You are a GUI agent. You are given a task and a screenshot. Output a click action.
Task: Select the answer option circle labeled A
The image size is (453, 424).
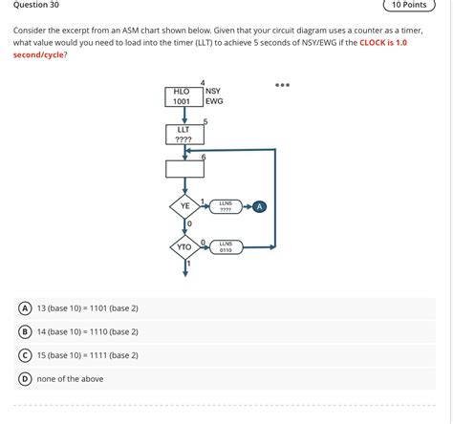[24, 308]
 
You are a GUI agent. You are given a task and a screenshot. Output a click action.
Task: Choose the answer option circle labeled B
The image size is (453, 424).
[24, 331]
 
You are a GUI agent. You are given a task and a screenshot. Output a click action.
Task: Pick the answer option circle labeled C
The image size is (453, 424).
[24, 355]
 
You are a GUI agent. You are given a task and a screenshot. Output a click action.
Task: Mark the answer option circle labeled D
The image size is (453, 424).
[24, 379]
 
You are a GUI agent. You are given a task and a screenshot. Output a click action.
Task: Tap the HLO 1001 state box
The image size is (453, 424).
[183, 95]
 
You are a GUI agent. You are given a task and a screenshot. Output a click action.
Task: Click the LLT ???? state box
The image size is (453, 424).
[184, 134]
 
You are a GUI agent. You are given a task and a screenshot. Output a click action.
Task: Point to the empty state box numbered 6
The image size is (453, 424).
[184, 169]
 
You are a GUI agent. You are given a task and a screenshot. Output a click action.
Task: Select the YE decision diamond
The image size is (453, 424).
[184, 205]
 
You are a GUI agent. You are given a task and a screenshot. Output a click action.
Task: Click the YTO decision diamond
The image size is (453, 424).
[184, 247]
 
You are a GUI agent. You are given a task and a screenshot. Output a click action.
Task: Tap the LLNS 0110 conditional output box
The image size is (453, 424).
[226, 246]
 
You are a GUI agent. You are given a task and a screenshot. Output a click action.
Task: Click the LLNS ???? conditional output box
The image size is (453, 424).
[226, 205]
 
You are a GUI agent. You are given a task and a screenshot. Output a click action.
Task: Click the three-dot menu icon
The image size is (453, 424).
[282, 85]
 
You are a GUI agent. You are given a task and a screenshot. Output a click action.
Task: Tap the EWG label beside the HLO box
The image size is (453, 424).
[214, 101]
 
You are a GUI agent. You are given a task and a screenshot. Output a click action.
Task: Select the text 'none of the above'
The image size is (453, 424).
[71, 379]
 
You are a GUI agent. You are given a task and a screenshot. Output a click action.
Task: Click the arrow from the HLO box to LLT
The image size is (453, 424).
[184, 116]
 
